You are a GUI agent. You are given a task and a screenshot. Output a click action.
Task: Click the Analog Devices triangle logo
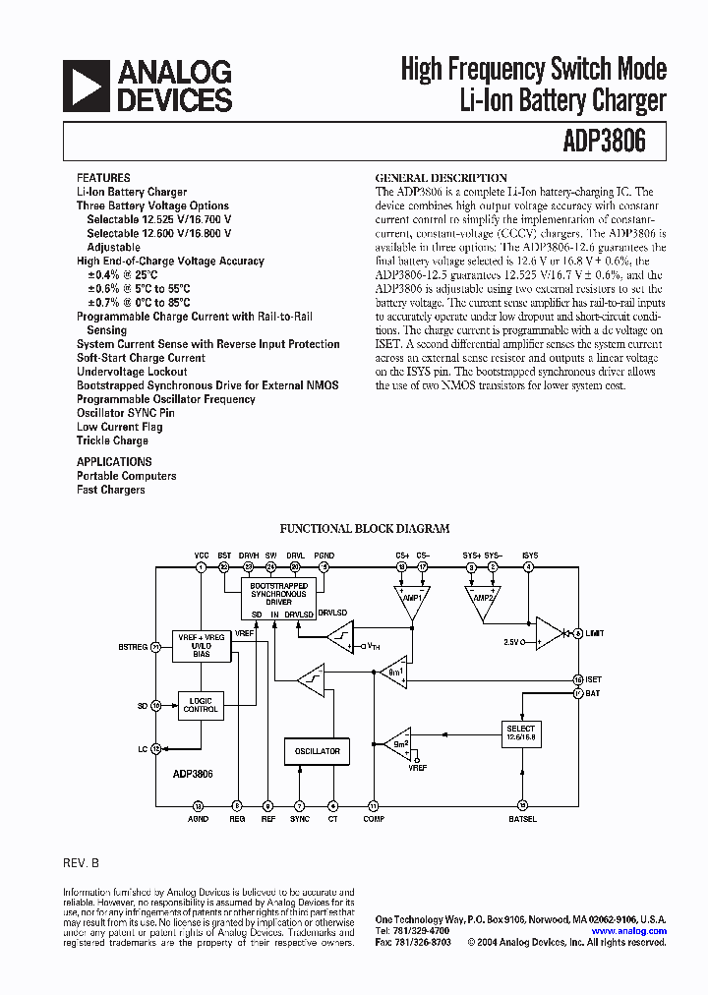86,86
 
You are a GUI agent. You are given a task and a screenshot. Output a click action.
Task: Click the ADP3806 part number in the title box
605,142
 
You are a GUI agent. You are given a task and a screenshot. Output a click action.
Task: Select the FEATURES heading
103,178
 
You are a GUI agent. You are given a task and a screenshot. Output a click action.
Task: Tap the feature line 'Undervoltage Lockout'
132,372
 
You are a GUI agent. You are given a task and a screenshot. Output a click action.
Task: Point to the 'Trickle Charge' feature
112,440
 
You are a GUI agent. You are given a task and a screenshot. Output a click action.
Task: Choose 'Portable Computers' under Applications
127,476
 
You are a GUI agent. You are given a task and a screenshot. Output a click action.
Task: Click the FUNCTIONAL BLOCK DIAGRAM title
365,528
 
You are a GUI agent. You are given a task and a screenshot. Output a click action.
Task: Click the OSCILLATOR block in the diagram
317,751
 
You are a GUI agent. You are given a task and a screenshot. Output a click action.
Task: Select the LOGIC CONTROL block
201,704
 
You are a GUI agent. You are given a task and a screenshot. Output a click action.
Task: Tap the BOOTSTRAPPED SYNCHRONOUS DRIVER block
278,594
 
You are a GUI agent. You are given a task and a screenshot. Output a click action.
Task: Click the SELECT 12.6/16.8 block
521,732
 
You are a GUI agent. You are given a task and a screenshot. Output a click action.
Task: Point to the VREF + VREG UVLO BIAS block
201,644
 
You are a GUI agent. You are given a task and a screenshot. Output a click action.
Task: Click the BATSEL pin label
522,818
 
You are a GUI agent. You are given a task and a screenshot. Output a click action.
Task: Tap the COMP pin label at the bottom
373,818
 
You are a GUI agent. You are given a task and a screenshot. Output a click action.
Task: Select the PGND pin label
324,556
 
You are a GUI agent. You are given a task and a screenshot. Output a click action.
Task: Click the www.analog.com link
629,930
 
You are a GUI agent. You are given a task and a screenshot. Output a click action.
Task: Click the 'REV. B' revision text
82,862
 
